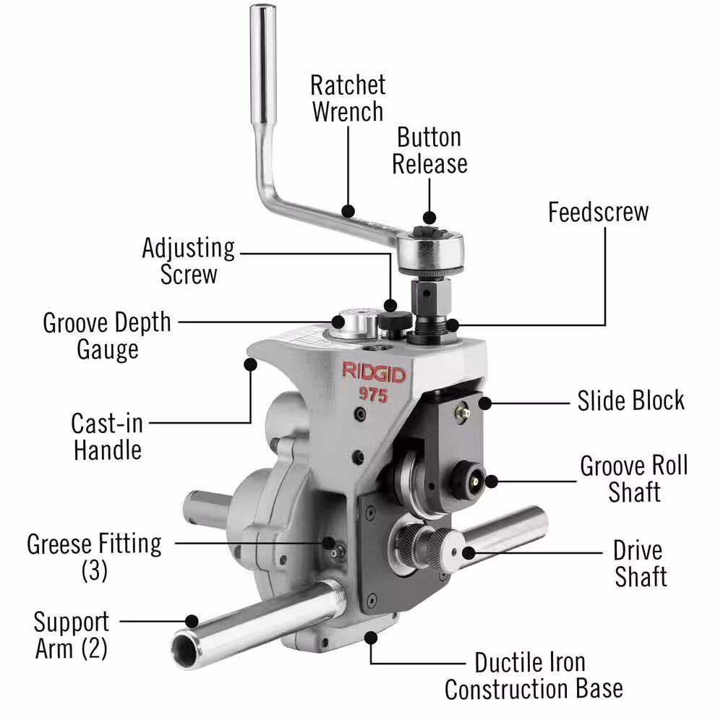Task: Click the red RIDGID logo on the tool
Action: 374,372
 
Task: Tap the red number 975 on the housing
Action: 374,395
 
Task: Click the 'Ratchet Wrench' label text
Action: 348,98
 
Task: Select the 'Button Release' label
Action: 429,150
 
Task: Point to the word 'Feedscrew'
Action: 598,212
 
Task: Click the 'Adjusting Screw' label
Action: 189,260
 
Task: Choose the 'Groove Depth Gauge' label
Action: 107,335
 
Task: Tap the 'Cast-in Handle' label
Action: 107,436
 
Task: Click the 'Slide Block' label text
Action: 630,401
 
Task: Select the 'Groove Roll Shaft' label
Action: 634,479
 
